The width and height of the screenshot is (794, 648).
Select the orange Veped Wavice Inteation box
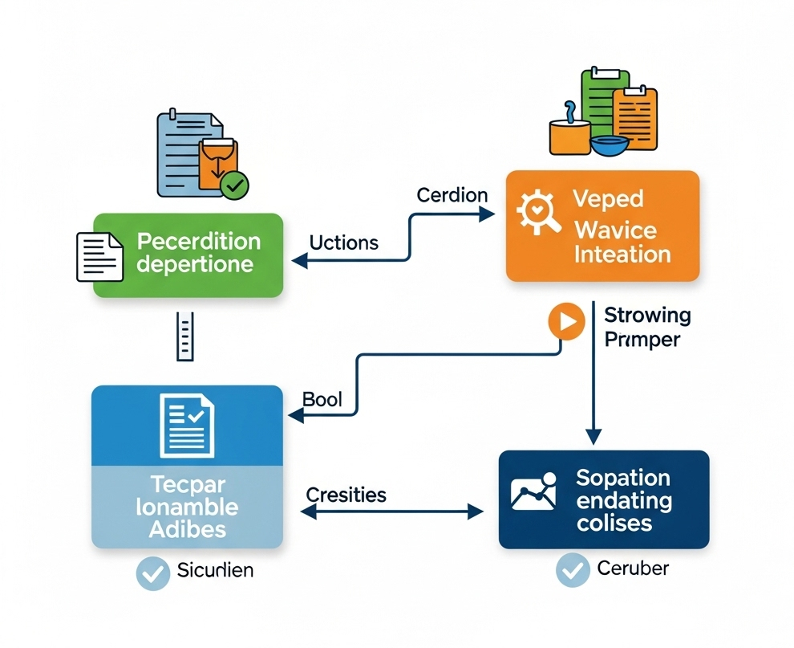pyautogui.click(x=602, y=226)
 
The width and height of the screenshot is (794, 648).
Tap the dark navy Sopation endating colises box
pyautogui.click(x=604, y=499)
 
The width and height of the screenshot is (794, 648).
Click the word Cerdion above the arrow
pyautogui.click(x=452, y=195)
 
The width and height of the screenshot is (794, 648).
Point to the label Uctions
pyautogui.click(x=343, y=242)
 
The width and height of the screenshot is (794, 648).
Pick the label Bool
pyautogui.click(x=322, y=399)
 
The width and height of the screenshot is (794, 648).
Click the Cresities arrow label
pyautogui.click(x=346, y=495)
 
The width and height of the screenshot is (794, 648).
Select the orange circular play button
pyautogui.click(x=565, y=322)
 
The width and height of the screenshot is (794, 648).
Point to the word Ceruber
pyautogui.click(x=633, y=569)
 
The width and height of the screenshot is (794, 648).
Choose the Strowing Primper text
pyautogui.click(x=646, y=327)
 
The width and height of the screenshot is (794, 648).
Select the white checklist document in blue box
pyautogui.click(x=186, y=425)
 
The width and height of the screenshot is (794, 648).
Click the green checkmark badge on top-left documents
pyautogui.click(x=234, y=185)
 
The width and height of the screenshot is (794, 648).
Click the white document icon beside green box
pyautogui.click(x=99, y=257)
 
